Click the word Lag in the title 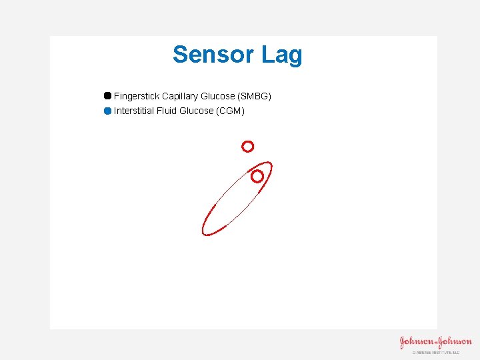282,55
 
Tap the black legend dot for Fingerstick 107,96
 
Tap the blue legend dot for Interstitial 107,111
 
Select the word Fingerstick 137,96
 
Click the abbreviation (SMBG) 255,96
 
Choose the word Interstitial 135,111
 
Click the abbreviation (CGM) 231,111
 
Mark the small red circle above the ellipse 247,146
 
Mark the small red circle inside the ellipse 257,176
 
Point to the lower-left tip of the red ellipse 204,233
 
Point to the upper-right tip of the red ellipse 269,164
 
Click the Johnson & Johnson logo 435,343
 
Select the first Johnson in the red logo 415,343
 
